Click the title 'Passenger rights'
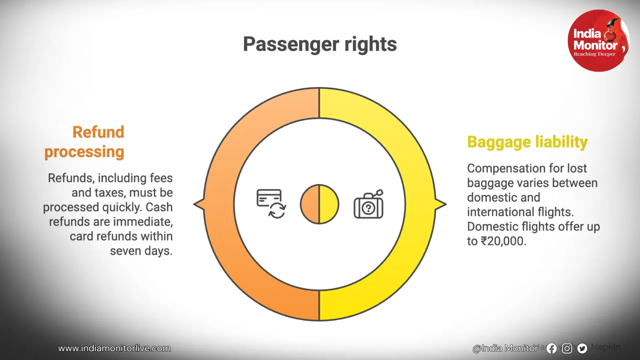[x=320, y=44]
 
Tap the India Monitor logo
[x=598, y=40]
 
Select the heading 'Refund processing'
[x=84, y=142]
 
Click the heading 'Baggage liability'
[x=527, y=142]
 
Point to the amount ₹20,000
[x=504, y=241]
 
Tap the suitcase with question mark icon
[x=368, y=204]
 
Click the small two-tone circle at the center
[x=320, y=204]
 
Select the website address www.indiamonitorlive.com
[x=114, y=348]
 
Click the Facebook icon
[x=552, y=348]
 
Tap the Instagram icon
[x=567, y=348]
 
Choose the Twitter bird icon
[x=582, y=348]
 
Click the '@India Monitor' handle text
[x=506, y=348]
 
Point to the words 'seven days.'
[x=141, y=251]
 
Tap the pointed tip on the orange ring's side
[x=194, y=204]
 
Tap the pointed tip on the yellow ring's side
[x=446, y=204]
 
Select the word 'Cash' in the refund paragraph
[x=159, y=207]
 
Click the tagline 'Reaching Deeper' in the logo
[x=594, y=54]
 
